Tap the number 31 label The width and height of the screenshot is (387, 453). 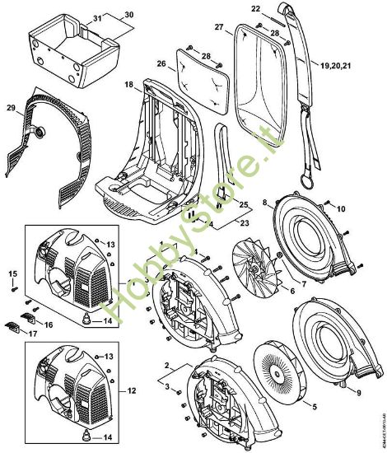[97, 18]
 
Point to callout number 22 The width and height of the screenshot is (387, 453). [255, 9]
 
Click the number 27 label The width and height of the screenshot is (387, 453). [219, 28]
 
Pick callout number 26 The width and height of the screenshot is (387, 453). [161, 63]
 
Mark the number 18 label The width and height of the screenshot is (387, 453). [128, 85]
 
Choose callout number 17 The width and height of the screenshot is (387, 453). [32, 334]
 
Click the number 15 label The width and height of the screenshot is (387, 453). [12, 273]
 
